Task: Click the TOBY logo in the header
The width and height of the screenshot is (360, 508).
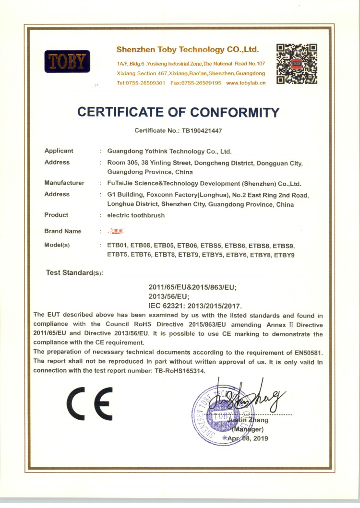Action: tap(67, 61)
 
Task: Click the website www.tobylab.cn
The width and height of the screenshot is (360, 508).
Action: tap(246, 83)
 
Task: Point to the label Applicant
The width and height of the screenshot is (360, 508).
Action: tap(59, 151)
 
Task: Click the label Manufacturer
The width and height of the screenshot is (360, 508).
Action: tap(64, 183)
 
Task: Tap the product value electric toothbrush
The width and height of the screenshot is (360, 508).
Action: tap(136, 215)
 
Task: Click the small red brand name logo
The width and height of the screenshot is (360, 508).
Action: tap(115, 231)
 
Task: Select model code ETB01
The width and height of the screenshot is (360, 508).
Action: tap(118, 246)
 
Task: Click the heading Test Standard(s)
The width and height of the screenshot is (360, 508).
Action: tap(74, 273)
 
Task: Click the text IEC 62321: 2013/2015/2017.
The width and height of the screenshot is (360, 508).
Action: tap(195, 306)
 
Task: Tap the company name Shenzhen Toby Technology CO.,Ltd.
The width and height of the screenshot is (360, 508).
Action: tap(188, 50)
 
